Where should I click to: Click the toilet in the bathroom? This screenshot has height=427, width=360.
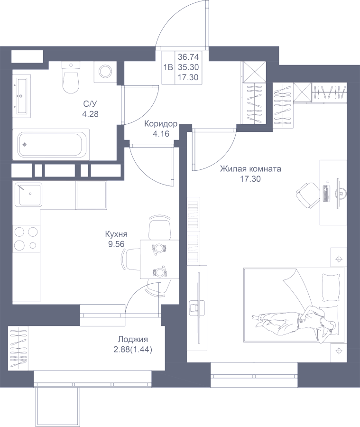click(71, 78)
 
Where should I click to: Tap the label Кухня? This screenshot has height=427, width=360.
click(117, 234)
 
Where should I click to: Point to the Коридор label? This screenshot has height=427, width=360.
click(161, 124)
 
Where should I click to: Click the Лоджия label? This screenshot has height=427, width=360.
click(133, 340)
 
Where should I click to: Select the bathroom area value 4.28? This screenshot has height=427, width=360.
click(91, 114)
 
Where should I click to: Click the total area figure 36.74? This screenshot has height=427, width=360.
click(188, 56)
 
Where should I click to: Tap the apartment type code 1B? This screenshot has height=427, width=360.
click(167, 67)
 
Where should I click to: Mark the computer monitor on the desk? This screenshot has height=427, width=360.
click(339, 192)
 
